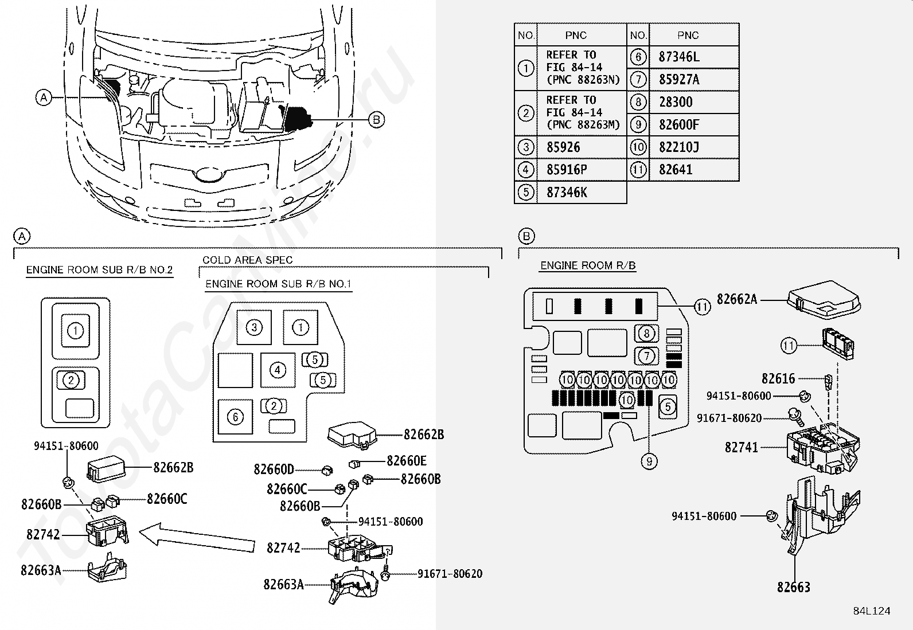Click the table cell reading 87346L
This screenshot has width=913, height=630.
pyautogui.click(x=678, y=57)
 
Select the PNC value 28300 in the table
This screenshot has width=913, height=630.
pyautogui.click(x=676, y=102)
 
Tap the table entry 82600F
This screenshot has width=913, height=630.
pyautogui.click(x=679, y=125)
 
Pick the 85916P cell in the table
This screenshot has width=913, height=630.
pyautogui.click(x=567, y=170)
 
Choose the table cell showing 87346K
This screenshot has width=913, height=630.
pyautogui.click(x=567, y=193)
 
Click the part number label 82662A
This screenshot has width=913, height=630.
pyautogui.click(x=737, y=299)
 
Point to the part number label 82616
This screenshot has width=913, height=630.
pyautogui.click(x=778, y=378)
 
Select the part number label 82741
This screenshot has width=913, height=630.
pyautogui.click(x=741, y=448)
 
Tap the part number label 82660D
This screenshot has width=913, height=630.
pyautogui.click(x=274, y=469)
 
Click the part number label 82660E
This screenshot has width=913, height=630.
pyautogui.click(x=407, y=461)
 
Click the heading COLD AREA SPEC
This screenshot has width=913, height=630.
pyautogui.click(x=247, y=260)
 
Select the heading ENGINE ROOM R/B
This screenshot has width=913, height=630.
pyautogui.click(x=588, y=265)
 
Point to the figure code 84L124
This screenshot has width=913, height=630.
pyautogui.click(x=872, y=611)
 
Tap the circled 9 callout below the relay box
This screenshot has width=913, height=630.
pyautogui.click(x=649, y=461)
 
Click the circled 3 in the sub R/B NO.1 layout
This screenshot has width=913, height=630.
pyautogui.click(x=254, y=327)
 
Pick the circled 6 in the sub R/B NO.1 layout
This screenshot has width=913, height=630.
pyautogui.click(x=235, y=417)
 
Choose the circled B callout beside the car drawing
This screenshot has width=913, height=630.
pyautogui.click(x=376, y=120)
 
